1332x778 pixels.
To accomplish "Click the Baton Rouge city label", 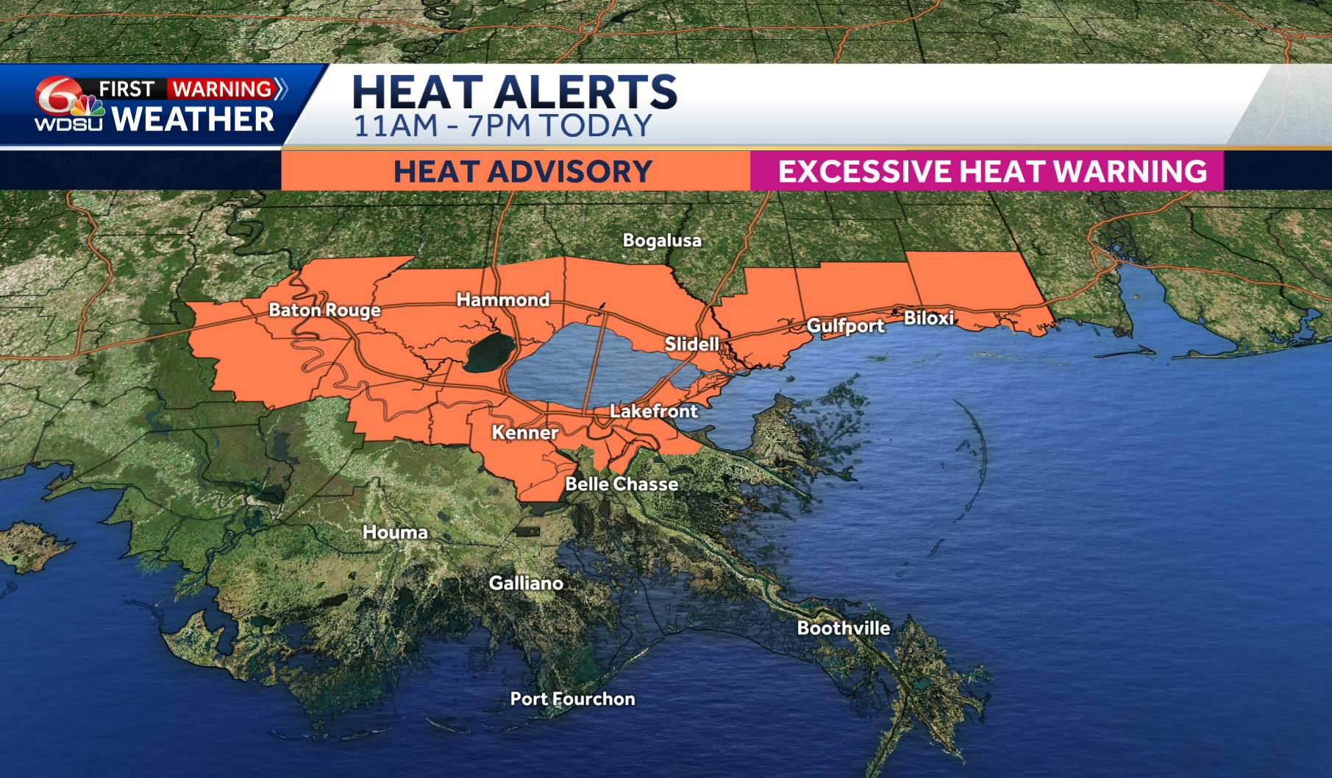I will pos(324,310).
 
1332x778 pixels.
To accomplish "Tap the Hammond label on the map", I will pos(503,300).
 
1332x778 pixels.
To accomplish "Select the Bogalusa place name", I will pos(662,240).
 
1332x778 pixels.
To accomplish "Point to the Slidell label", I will pos(692,344).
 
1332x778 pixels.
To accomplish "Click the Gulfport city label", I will pos(845,325).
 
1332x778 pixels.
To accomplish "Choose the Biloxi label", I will pos(928,318).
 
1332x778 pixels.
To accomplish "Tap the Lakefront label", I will pos(654,411).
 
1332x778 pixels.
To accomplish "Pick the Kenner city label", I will pos(525,432).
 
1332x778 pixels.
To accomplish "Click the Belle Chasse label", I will pos(622,484).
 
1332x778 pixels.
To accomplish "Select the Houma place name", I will pos(395,532).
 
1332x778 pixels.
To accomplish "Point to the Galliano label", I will pos(526,583).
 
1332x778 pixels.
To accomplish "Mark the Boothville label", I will pos(844,628).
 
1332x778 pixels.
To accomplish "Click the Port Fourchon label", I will pos(572,699).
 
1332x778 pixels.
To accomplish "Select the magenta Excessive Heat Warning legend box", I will pos(986,171).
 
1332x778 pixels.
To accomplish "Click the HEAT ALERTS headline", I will pos(514,92).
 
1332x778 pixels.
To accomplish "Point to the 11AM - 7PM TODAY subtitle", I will pos(503,126).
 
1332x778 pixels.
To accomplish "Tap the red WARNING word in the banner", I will pos(222,89).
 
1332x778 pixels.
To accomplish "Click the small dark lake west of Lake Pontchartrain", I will pos(490,352).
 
